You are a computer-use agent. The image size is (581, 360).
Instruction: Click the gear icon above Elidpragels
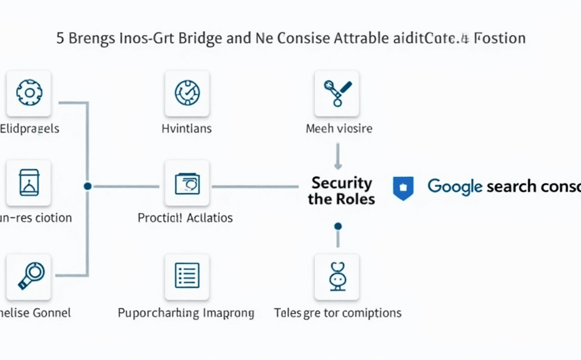[29, 93]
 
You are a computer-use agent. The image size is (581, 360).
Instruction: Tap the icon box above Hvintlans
[187, 93]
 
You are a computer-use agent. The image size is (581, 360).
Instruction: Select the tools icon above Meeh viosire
[337, 93]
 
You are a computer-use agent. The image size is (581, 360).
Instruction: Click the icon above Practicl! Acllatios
[187, 183]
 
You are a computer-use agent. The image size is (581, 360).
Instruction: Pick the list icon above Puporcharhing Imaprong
[187, 276]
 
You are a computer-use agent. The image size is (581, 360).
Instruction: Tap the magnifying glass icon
[29, 276]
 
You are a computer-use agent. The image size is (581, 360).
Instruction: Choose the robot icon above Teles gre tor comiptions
[337, 276]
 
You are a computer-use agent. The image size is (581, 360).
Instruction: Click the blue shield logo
[403, 187]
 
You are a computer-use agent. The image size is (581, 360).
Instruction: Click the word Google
[455, 186]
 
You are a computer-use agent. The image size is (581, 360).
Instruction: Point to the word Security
[342, 183]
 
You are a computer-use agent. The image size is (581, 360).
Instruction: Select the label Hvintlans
[187, 129]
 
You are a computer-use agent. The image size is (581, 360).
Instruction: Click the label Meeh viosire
[339, 129]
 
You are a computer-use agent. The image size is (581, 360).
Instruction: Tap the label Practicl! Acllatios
[185, 218]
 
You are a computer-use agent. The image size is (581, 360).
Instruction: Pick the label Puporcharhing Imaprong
[186, 312]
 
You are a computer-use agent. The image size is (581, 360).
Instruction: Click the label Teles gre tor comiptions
[337, 312]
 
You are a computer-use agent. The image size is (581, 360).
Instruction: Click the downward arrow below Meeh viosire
[337, 157]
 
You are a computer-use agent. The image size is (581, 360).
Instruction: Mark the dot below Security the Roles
[338, 226]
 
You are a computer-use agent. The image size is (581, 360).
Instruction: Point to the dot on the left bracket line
[87, 186]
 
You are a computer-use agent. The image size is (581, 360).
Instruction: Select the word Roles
[355, 200]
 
